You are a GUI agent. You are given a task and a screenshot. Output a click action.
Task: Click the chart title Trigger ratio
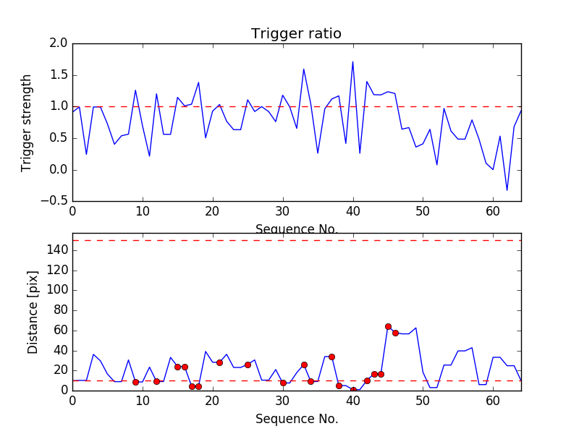click(x=296, y=34)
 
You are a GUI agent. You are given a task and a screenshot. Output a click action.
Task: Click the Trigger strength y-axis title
click(x=27, y=122)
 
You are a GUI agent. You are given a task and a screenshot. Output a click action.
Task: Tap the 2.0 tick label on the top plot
click(x=59, y=43)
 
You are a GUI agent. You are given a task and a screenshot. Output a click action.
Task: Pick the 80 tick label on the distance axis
click(x=59, y=310)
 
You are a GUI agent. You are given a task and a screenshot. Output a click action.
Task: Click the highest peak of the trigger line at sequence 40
click(x=352, y=61)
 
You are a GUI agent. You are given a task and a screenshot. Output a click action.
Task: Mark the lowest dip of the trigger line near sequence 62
click(x=507, y=190)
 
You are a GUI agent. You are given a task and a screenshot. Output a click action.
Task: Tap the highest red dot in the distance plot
click(x=388, y=326)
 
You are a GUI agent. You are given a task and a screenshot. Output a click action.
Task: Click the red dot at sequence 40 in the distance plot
click(x=353, y=390)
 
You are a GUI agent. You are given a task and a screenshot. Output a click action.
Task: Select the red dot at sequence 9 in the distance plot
click(x=135, y=382)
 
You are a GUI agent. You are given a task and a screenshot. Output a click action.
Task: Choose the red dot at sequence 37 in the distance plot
click(x=331, y=357)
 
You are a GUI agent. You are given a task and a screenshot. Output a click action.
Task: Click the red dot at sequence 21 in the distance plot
click(x=219, y=362)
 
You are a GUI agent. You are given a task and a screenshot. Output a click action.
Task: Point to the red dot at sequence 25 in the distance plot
click(x=248, y=365)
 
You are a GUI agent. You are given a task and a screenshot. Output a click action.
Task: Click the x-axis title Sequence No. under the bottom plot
click(x=296, y=419)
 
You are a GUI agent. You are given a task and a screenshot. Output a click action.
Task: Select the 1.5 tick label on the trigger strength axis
click(x=59, y=75)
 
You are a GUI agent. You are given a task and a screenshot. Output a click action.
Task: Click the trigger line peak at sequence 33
click(x=303, y=69)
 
